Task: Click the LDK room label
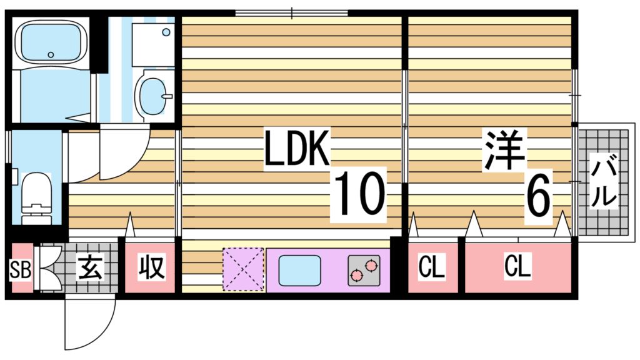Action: pos(297,147)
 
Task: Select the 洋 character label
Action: pos(504,149)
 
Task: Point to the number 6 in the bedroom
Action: pos(538,196)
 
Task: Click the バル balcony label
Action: pos(604,182)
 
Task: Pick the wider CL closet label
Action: pos(517,266)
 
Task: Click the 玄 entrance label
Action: pos(91,267)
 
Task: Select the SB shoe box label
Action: pos(21,270)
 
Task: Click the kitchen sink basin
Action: pos(299,270)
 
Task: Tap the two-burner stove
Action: pos(364,270)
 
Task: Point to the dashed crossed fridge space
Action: pos(243,269)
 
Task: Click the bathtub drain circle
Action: pos(51,55)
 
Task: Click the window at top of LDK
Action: pos(291,14)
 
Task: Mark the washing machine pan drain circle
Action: pos(166,32)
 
